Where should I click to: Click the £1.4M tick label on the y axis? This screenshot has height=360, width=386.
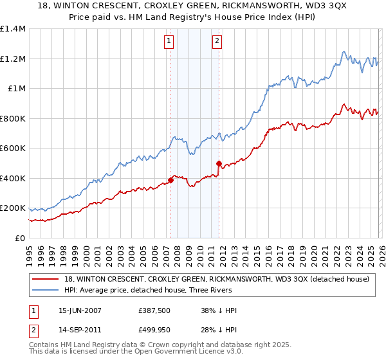13,29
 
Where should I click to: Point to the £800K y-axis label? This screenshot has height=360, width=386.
13,118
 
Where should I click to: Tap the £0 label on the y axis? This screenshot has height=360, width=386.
20,239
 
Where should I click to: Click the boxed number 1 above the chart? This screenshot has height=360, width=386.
169,41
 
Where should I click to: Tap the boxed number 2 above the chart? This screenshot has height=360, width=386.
217,41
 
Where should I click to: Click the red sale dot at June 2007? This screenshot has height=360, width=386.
170,180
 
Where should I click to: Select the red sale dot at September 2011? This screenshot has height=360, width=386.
219,163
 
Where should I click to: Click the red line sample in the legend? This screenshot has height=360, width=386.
45,279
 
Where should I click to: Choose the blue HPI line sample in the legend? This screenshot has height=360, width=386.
45,290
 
